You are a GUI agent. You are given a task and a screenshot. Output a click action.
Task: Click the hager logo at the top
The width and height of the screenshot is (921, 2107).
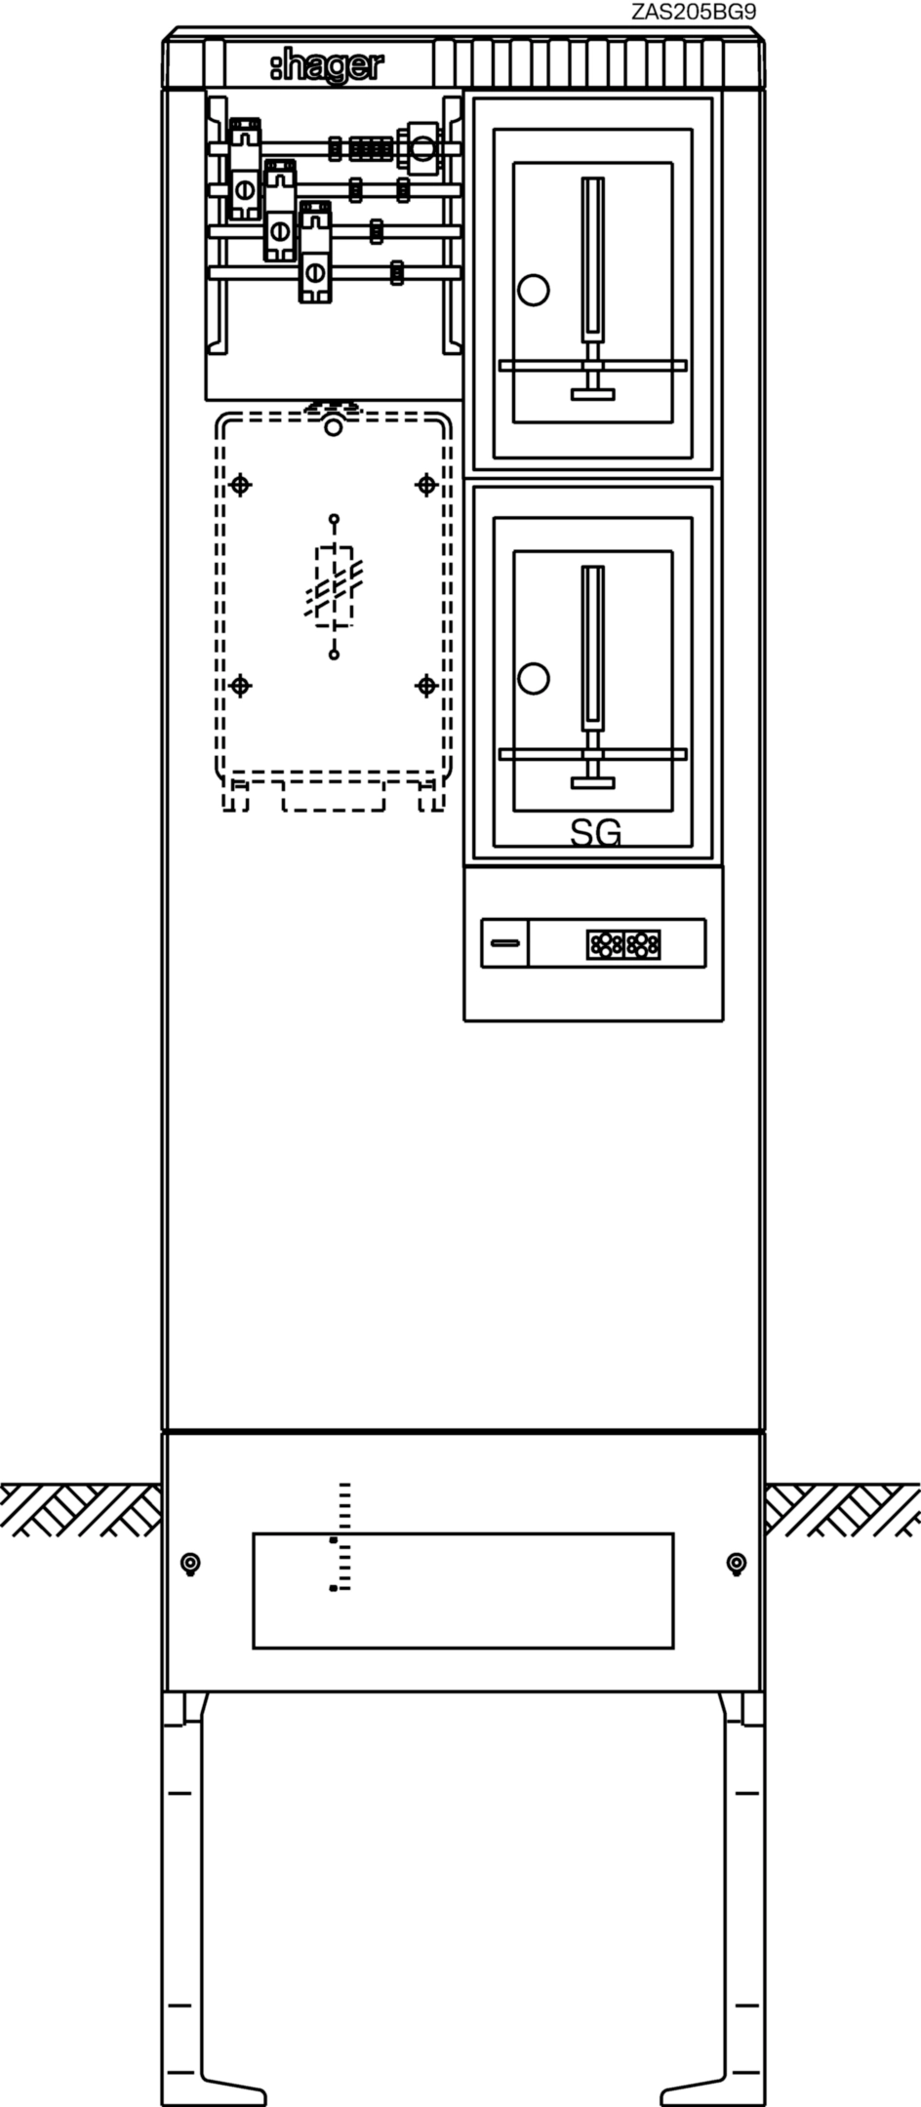click(327, 66)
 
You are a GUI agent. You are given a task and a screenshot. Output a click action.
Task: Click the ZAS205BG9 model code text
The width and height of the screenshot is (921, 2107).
click(694, 12)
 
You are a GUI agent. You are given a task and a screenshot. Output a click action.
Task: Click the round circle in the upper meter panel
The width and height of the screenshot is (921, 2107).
click(533, 290)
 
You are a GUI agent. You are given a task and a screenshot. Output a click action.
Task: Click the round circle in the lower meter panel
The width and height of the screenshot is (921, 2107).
click(533, 678)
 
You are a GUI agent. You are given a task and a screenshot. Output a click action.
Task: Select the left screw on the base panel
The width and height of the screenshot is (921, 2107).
click(190, 1564)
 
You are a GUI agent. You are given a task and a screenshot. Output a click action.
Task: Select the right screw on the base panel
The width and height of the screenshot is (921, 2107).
click(737, 1564)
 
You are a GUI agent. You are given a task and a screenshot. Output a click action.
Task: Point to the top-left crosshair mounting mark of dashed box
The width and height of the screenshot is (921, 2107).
click(240, 484)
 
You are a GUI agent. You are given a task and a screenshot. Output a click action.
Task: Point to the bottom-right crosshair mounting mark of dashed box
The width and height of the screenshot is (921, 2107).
click(425, 686)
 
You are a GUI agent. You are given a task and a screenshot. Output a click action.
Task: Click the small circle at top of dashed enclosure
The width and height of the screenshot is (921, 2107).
click(334, 427)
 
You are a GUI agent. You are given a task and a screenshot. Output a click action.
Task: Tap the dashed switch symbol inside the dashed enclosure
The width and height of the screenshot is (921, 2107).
click(335, 586)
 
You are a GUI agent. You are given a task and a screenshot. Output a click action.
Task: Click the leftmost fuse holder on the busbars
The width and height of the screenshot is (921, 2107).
click(245, 169)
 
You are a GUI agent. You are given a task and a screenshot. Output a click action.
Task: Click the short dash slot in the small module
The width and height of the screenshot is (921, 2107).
click(504, 943)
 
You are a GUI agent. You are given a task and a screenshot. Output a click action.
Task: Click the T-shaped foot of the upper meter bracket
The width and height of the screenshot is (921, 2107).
click(592, 393)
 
